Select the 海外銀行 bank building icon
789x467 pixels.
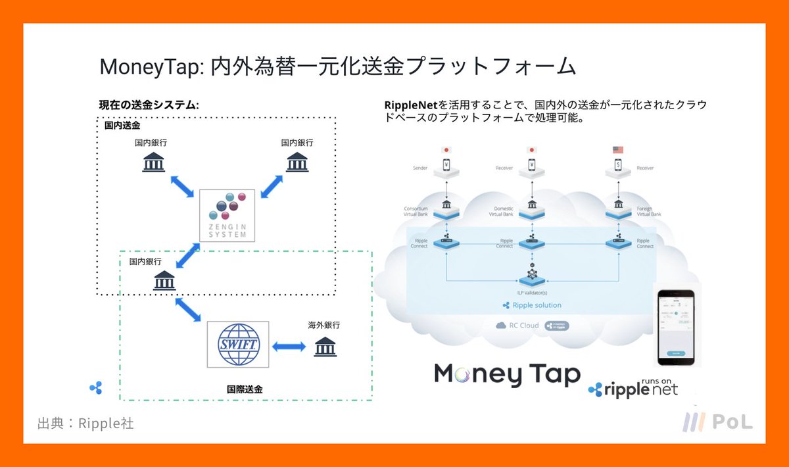click(x=325, y=346)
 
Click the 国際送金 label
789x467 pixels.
click(x=245, y=389)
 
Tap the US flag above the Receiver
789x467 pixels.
click(x=617, y=150)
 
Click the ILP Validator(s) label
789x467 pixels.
click(x=533, y=291)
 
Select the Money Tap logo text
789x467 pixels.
click(x=507, y=374)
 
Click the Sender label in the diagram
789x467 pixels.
click(x=420, y=168)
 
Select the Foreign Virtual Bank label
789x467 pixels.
click(x=648, y=212)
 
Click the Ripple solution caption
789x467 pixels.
click(x=532, y=305)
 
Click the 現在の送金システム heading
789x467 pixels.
click(x=149, y=105)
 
